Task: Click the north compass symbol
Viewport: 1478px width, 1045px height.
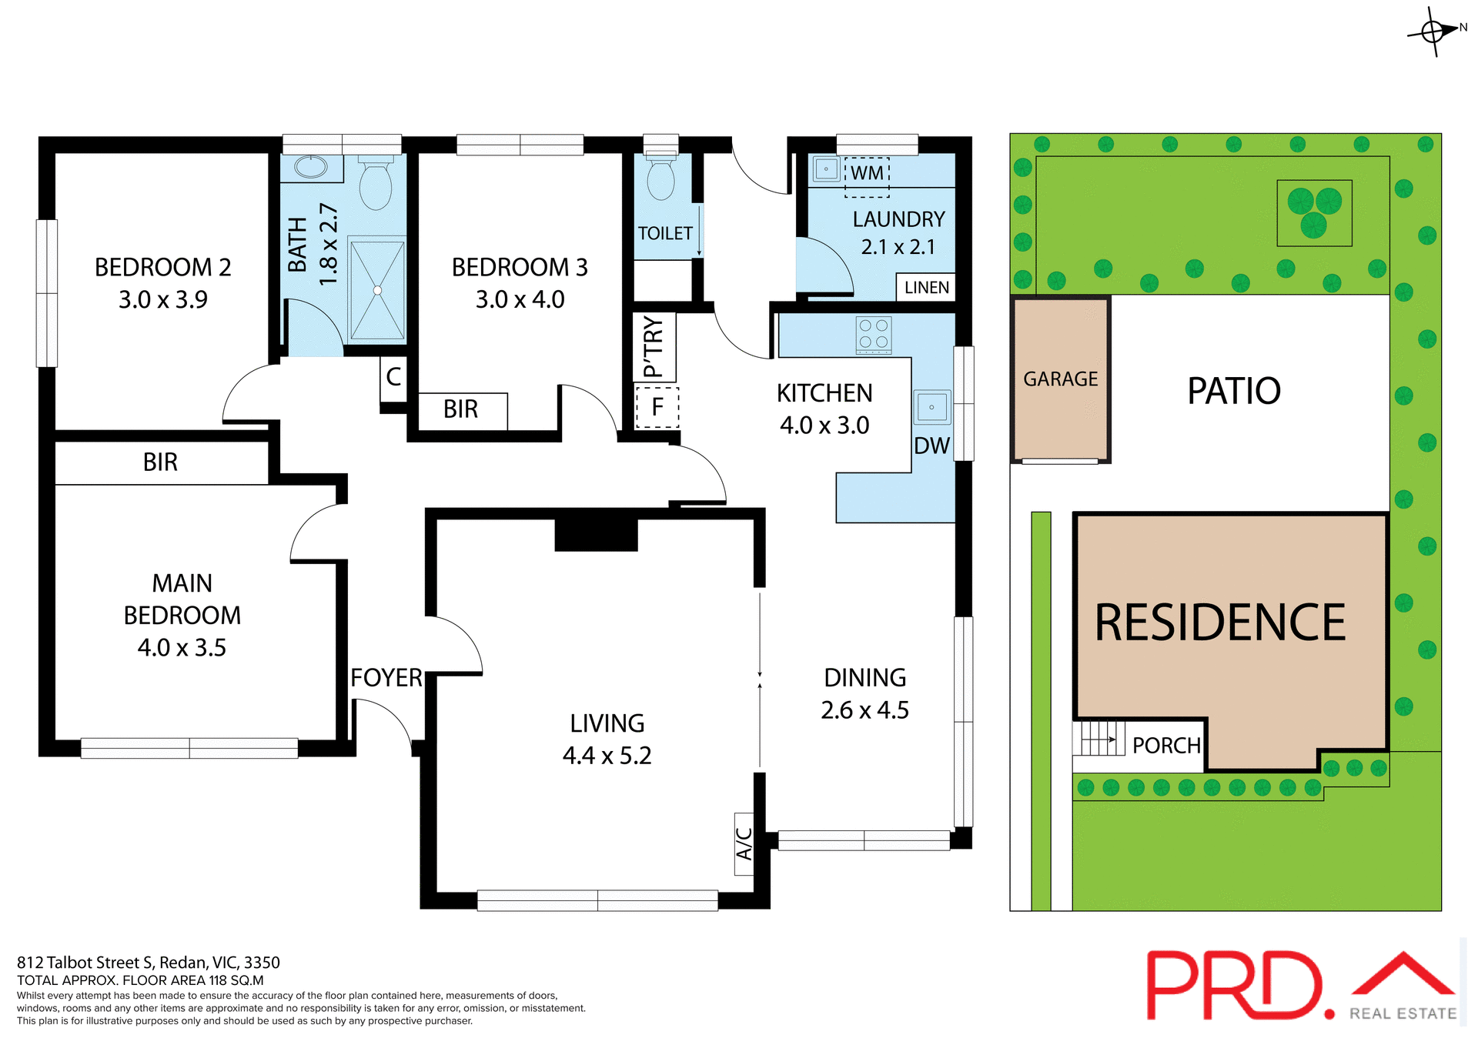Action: (1434, 32)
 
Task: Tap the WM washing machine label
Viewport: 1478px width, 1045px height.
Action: (868, 173)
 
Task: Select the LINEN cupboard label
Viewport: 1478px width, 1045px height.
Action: (926, 288)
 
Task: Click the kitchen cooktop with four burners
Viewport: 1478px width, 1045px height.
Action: (874, 335)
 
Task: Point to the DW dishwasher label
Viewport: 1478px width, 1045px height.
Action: (931, 446)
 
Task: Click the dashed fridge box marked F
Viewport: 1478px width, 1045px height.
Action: (657, 407)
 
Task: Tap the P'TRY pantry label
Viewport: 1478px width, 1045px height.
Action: (653, 347)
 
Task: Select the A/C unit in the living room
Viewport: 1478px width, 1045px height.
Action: (744, 843)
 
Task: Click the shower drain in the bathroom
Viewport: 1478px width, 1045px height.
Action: (377, 290)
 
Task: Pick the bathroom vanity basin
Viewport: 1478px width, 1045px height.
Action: (311, 167)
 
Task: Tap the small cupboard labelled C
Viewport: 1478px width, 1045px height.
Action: (393, 377)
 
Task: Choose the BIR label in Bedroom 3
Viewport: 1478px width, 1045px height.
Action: (461, 409)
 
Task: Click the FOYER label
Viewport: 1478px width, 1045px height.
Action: (386, 678)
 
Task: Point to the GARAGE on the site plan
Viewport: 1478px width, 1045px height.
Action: (1060, 379)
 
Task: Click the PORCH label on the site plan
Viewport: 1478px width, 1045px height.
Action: (1166, 746)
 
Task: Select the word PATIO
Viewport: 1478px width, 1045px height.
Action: (1233, 391)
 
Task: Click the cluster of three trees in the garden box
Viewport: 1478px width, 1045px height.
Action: (1314, 212)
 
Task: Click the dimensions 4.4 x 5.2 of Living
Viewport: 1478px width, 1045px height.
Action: (607, 756)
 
